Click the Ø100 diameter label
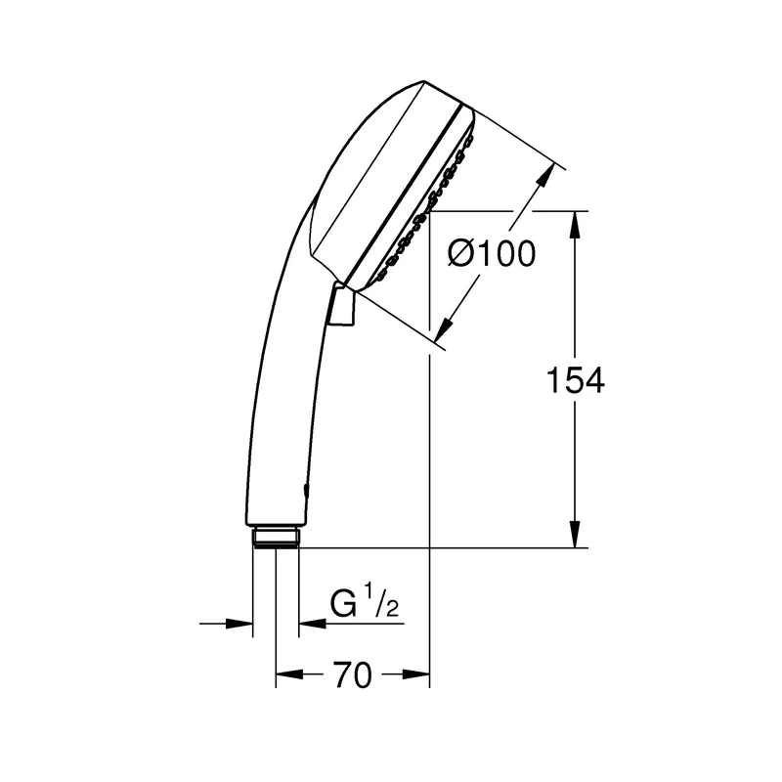492,253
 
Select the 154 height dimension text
576,380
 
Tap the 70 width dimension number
353,675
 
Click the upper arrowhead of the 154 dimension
575,225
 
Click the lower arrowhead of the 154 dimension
575,534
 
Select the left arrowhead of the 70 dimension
289,674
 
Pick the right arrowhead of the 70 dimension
416,674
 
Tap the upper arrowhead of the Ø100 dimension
546,175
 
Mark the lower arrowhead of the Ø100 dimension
444,330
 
